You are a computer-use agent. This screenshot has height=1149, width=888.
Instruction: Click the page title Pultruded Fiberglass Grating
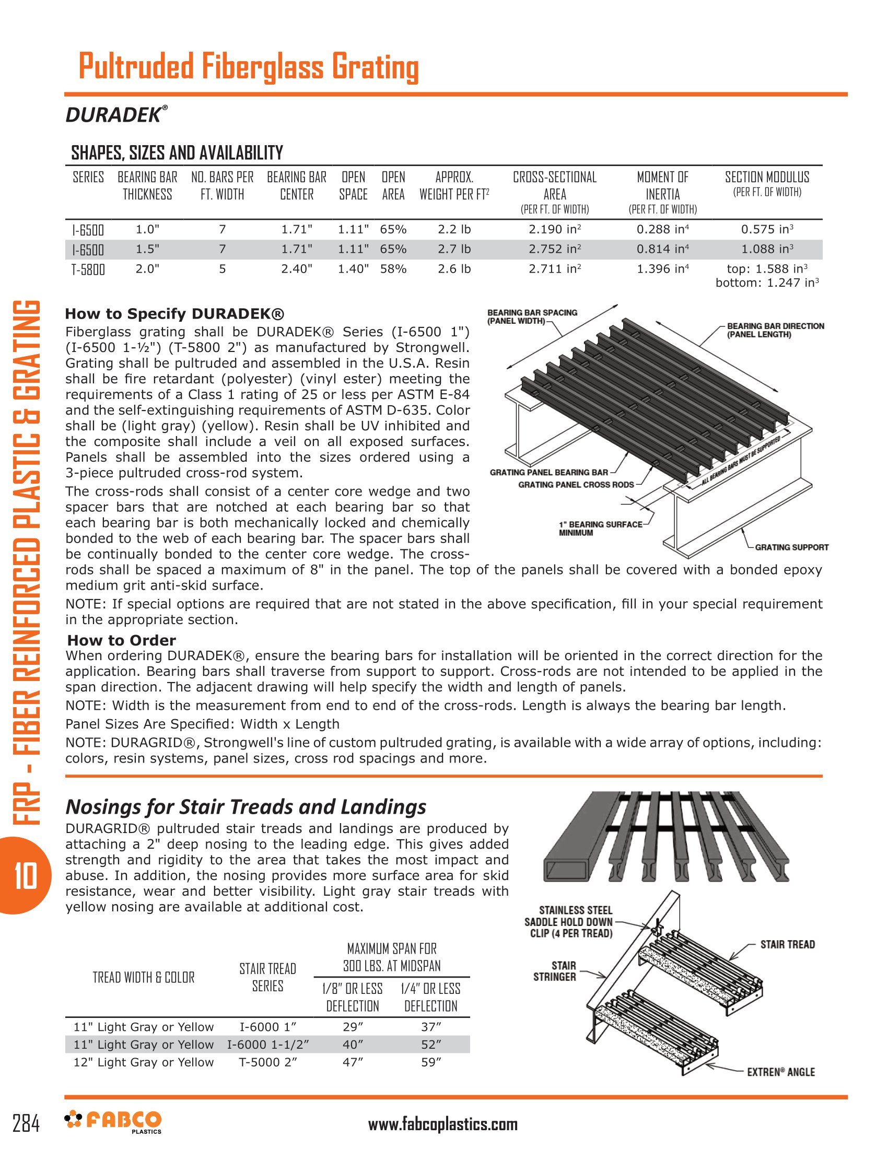pos(248,67)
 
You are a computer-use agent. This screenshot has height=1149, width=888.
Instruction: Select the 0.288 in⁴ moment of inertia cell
pos(662,229)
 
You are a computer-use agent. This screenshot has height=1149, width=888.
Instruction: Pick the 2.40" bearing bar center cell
pos(297,269)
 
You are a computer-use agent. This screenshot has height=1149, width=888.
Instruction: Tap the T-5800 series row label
pos(88,269)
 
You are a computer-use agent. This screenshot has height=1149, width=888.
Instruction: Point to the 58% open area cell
pos(393,269)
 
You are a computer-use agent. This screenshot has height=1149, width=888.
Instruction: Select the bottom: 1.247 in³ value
pos(766,283)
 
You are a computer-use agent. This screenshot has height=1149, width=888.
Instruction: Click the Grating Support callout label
pos(791,547)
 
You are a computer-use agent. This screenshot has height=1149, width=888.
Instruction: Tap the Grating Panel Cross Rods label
pos(576,485)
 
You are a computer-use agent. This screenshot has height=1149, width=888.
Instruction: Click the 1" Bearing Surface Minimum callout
pos(600,528)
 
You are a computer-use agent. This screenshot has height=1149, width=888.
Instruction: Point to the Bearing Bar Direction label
pos(775,330)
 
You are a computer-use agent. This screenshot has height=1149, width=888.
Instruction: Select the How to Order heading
pos(122,640)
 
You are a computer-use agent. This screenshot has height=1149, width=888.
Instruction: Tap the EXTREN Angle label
pos(781,1072)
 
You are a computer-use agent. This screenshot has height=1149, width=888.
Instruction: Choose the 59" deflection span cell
pos(431,1062)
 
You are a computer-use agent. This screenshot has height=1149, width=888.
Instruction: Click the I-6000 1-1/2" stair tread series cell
pos(268,1045)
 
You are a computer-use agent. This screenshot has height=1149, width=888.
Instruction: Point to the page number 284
pos(26,1124)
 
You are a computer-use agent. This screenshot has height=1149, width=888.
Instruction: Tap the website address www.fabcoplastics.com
pos(442,1125)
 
